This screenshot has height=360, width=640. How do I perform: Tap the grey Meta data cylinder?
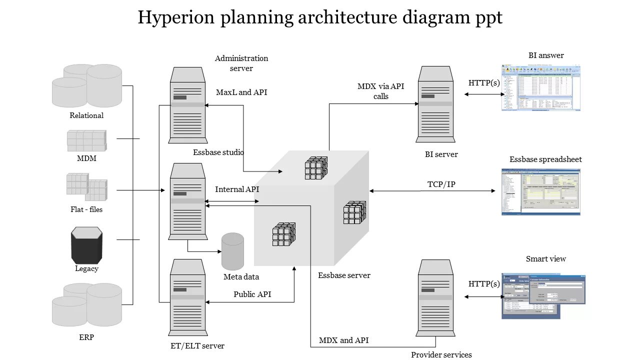232,251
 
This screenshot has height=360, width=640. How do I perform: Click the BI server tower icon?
435,104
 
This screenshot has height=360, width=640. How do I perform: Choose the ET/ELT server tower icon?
187,297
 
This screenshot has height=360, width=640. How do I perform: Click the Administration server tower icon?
187,105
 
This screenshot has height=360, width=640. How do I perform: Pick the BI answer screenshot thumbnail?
541,87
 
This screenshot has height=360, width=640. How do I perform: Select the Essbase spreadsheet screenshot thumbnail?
541,192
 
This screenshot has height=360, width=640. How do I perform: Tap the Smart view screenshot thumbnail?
543,296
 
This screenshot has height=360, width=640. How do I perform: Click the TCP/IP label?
441,184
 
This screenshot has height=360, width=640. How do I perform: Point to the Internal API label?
237,189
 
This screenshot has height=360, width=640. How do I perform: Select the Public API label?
252,294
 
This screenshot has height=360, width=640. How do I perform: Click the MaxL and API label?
241,92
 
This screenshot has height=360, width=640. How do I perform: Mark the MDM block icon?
87,140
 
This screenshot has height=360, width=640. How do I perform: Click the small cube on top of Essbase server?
316,168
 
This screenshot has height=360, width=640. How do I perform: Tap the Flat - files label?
86,209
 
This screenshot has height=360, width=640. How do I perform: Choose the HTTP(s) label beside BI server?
484,83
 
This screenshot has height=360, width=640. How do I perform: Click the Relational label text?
86,115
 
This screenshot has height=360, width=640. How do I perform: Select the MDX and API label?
343,340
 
